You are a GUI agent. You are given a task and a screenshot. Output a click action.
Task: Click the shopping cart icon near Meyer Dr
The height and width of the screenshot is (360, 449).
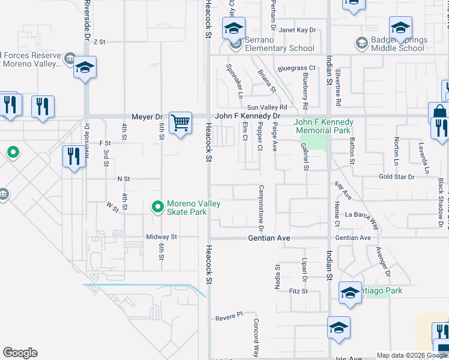pos(180,123)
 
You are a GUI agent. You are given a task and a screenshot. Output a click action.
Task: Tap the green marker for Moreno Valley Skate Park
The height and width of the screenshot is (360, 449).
pos(157,207)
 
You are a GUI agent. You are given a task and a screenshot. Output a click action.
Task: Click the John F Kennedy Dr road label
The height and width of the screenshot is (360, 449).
pos(248,116)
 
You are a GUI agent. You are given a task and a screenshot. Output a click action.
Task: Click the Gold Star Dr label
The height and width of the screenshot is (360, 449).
pos(396,177)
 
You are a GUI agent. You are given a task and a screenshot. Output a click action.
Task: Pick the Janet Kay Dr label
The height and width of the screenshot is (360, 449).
pos(297,30)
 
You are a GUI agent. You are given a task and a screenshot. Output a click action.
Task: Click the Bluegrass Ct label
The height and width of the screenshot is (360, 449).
pos(297,68)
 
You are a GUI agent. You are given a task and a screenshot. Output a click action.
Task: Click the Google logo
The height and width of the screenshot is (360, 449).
pos(20,353)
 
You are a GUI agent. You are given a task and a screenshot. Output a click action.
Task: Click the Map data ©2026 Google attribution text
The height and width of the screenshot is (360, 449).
pos(412,355)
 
